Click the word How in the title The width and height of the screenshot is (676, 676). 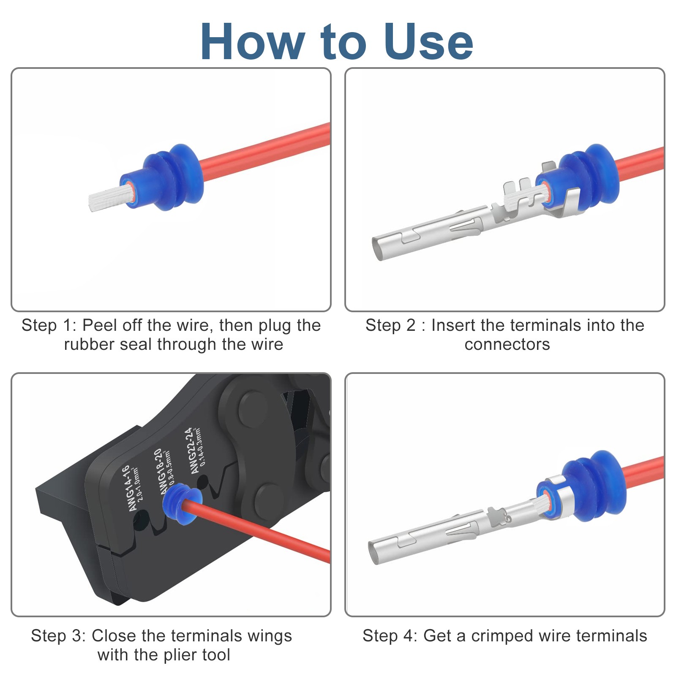[253, 41]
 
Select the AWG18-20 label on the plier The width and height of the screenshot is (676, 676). [161, 471]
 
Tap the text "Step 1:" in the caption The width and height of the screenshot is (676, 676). [49, 325]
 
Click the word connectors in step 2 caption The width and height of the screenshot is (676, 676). [507, 345]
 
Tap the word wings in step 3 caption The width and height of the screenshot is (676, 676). [271, 636]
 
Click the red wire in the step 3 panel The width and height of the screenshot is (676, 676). [258, 530]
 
